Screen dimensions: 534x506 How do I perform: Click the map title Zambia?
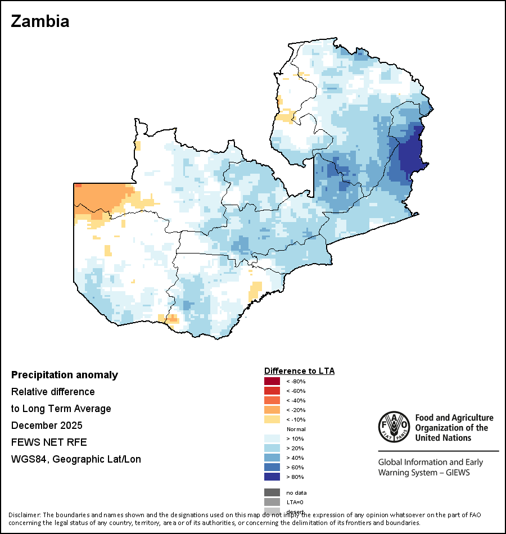coord(40,21)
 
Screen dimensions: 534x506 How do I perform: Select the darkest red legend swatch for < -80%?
coord(272,382)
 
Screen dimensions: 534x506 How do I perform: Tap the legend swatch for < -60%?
coord(272,391)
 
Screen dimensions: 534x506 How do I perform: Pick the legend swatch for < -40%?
coord(272,401)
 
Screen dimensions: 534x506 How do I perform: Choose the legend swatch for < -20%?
coord(272,410)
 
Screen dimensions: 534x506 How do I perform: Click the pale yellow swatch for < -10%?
coord(272,420)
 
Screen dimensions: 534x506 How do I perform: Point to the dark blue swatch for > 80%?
coord(272,477)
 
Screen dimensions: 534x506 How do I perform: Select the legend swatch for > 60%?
coord(272,468)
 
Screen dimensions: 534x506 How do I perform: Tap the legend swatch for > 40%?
coord(272,458)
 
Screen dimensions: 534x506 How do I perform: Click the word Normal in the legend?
coord(296,429)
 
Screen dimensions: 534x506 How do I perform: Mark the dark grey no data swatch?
coord(272,492)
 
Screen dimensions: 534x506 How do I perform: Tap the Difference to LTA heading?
coord(299,371)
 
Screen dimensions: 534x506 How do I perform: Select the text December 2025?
coord(47,425)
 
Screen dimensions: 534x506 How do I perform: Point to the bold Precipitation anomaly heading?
coord(65,375)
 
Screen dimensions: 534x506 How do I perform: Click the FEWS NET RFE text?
coord(49,442)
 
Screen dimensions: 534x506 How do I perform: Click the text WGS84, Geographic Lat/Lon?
coord(76,459)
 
